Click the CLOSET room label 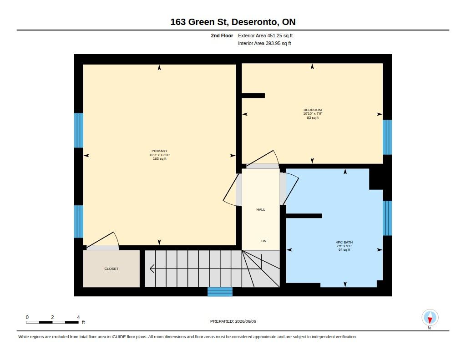point(111,269)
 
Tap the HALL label point(261,209)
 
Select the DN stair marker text point(263,241)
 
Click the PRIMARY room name point(160,151)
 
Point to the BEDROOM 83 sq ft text point(313,118)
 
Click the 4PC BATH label point(344,242)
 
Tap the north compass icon point(430,318)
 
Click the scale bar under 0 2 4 point(53,322)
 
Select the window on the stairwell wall point(220,292)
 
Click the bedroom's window point(387,137)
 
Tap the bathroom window point(387,218)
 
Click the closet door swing point(103,241)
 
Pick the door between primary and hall point(233,190)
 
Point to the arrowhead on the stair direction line point(152,269)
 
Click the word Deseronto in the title point(255,22)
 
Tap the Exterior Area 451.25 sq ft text point(265,35)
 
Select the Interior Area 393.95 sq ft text point(264,43)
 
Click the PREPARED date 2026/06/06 point(245,321)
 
